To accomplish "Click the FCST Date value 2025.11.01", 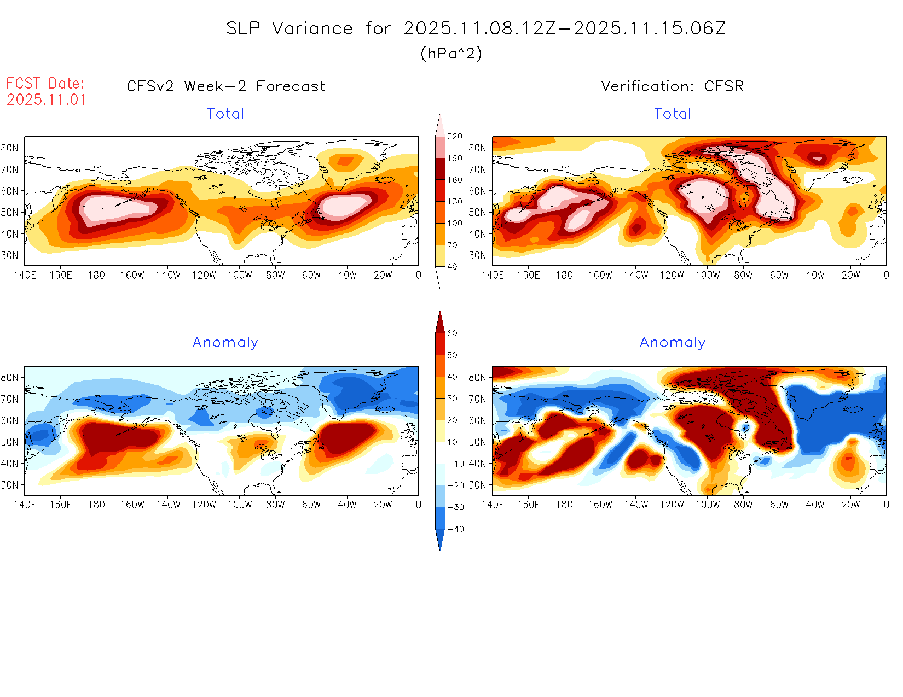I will coord(47,99).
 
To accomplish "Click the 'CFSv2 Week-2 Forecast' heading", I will coord(225,86).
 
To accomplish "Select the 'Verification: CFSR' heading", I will coord(672,86).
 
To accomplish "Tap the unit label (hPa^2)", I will coord(451,53).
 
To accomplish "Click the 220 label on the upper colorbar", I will coord(454,137).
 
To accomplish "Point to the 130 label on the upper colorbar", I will coord(454,202).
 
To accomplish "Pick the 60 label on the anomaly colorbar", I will coord(452,333).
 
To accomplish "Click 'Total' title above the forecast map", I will coord(225,114).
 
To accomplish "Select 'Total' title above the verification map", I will coord(673,114).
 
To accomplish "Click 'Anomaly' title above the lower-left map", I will coord(225,343).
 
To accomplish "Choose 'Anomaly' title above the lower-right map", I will coord(673,343).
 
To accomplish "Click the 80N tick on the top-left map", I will coord(10,148).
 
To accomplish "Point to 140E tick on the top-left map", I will coord(25,276).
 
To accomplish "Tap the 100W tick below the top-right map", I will coord(707,276).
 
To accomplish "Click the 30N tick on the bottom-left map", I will coord(10,485).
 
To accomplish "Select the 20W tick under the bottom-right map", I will coord(850,505).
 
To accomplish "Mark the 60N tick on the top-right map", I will coord(477,191).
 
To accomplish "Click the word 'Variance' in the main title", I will coord(312,28).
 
